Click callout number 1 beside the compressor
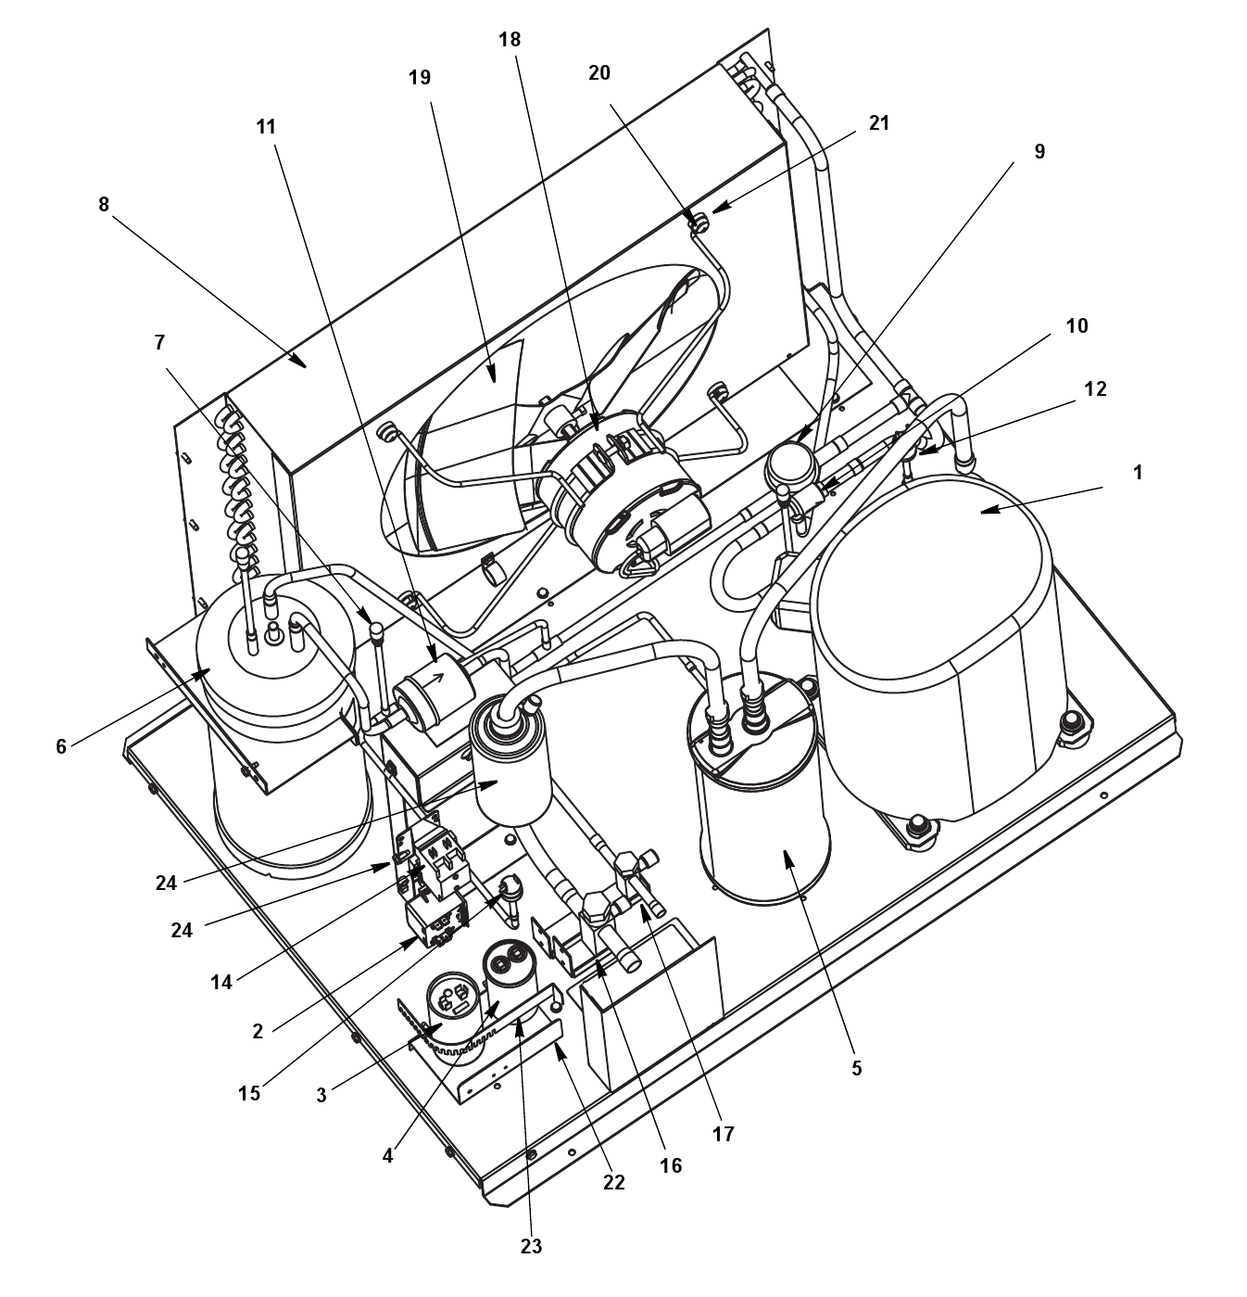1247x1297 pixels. click(1138, 473)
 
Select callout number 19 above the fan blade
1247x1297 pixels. click(420, 78)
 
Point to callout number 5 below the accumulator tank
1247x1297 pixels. click(856, 1069)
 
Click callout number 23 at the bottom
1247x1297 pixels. click(531, 1247)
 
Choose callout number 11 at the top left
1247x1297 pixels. click(267, 127)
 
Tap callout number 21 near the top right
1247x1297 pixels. click(879, 123)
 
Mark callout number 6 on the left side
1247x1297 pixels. click(61, 746)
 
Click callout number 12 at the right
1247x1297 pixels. click(1095, 388)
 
